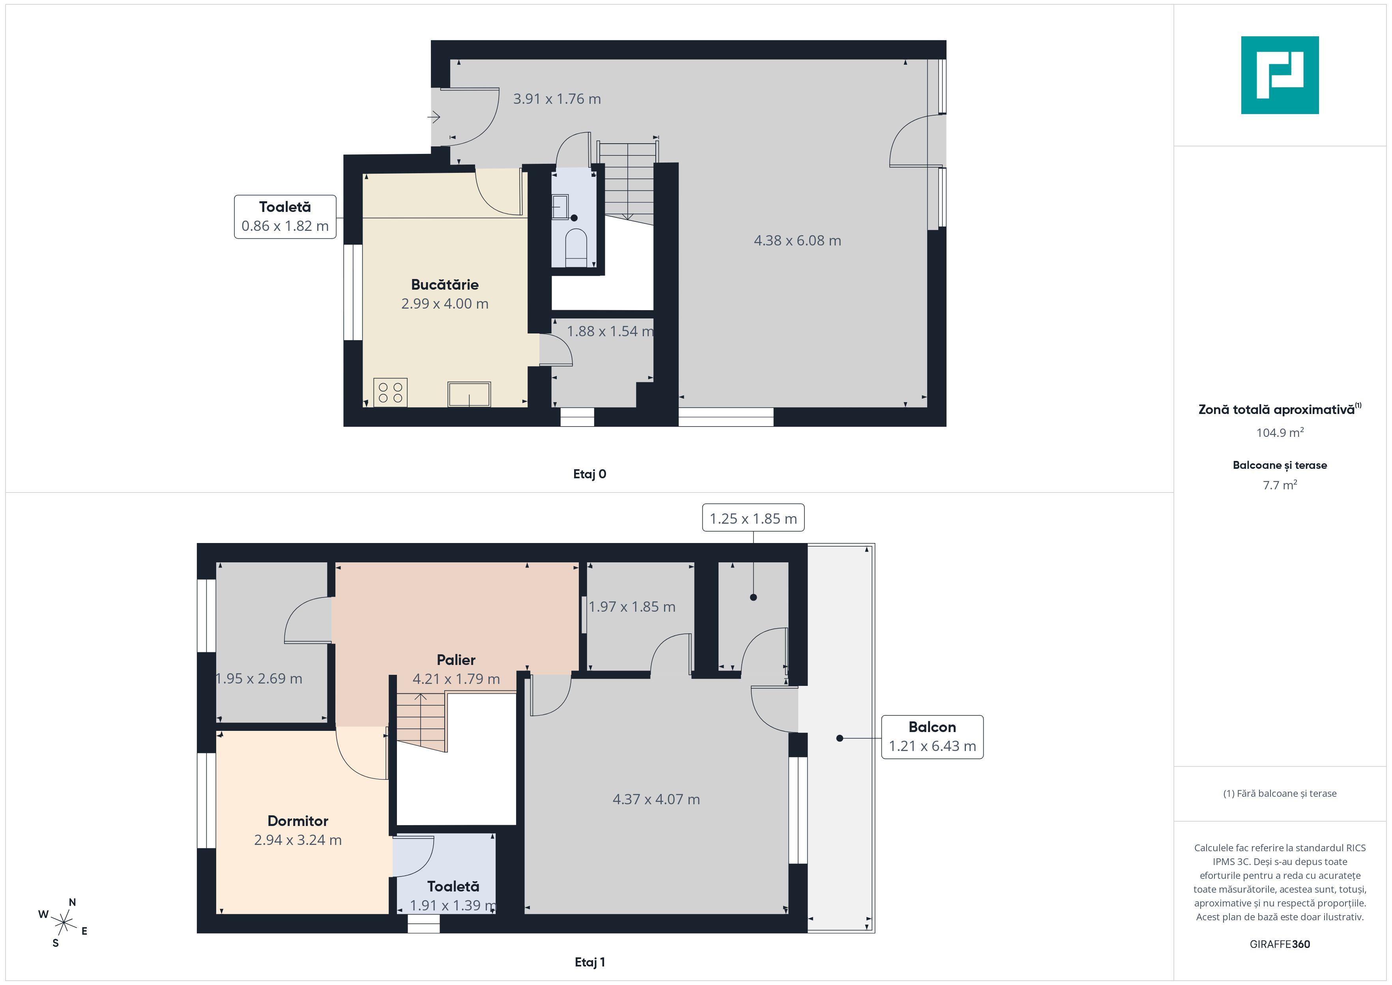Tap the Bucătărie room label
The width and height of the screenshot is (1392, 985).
click(x=444, y=285)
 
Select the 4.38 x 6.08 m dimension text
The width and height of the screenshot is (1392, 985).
click(x=797, y=241)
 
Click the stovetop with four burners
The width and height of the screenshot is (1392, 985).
click(x=391, y=392)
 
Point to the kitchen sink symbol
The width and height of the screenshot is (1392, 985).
click(x=469, y=394)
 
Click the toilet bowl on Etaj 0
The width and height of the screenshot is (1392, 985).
click(x=575, y=245)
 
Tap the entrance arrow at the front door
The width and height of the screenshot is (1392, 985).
click(x=434, y=116)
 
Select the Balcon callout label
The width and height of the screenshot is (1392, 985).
click(x=932, y=737)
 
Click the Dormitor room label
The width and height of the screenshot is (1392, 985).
click(x=297, y=820)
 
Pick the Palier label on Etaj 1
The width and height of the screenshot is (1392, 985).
click(x=456, y=660)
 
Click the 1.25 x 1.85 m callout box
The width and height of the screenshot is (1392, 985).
click(x=753, y=519)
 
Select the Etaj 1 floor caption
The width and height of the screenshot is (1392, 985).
click(x=589, y=962)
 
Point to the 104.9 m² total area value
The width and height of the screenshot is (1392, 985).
click(x=1279, y=433)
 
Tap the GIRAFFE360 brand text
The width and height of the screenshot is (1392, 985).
click(x=1279, y=944)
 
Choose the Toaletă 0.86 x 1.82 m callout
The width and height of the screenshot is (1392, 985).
click(x=285, y=217)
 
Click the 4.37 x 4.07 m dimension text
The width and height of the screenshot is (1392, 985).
click(x=656, y=800)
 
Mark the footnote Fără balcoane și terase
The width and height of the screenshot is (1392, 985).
click(x=1279, y=793)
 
